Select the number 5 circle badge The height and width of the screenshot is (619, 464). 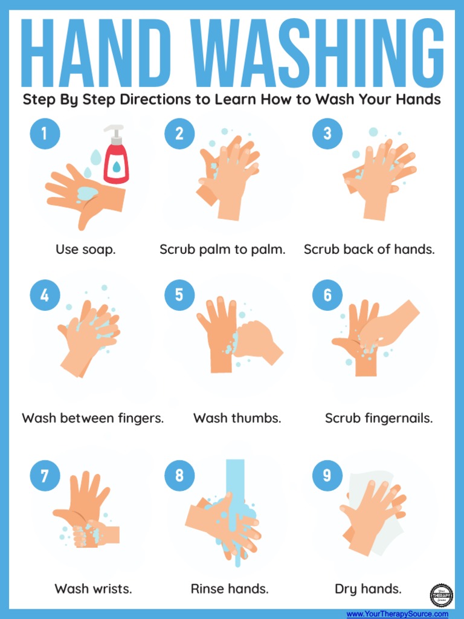pos(179,296)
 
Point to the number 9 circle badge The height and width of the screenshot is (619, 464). pos(327,476)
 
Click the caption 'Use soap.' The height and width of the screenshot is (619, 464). pos(85,249)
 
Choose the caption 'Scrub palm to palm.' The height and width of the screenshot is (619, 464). pos(222,249)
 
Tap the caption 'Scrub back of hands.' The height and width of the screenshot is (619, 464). pos(369,249)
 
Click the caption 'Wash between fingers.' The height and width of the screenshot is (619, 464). pos(93,418)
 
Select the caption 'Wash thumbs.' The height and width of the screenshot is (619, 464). pos(237,418)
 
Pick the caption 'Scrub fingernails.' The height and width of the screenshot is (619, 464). pos(379,418)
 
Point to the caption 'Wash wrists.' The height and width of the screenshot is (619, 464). pos(93,588)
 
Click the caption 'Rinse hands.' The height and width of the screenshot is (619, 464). pos(230,588)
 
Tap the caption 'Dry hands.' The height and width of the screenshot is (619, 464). pos(368,588)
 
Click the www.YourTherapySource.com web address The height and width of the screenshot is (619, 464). pos(397,614)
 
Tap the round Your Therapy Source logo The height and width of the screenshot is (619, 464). pos(442,595)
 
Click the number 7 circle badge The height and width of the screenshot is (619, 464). pos(45,476)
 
